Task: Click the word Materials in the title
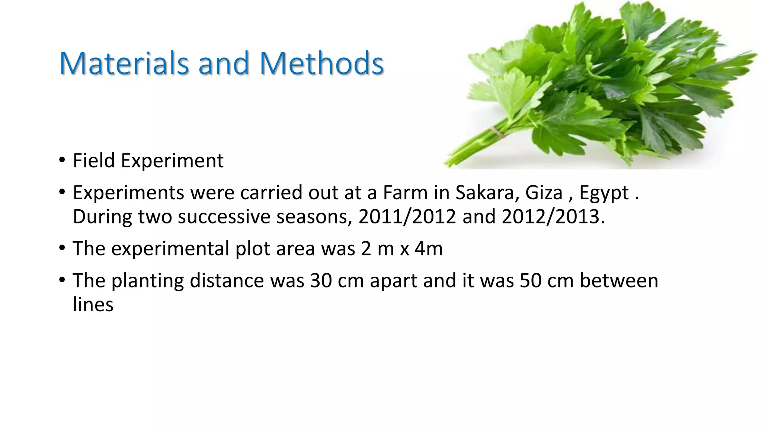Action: point(124,63)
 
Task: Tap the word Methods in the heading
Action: point(321,63)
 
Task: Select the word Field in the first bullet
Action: point(94,161)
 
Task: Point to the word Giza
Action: point(544,193)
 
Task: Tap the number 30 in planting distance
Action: point(321,281)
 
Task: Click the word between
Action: point(619,281)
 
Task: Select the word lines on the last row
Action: point(93,305)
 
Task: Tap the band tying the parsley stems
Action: point(496,132)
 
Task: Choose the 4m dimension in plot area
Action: point(429,249)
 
